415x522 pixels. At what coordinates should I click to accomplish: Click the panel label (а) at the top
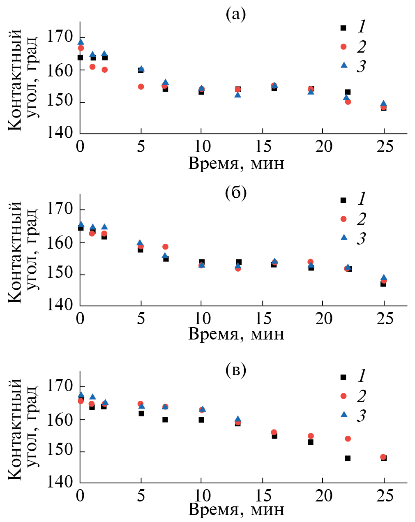pyautogui.click(x=235, y=15)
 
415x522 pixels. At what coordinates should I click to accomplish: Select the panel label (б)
pyautogui.click(x=236, y=192)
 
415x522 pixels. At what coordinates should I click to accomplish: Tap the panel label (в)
pyautogui.click(x=236, y=370)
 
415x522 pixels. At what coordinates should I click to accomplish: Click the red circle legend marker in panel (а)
pyautogui.click(x=344, y=46)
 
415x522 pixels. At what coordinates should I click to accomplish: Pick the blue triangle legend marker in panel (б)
pyautogui.click(x=344, y=237)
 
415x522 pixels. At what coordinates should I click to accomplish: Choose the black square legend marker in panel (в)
pyautogui.click(x=344, y=377)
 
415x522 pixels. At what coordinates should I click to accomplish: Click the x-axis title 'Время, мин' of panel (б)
pyautogui.click(x=236, y=334)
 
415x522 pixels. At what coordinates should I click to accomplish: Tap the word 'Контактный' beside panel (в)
pyautogui.click(x=15, y=429)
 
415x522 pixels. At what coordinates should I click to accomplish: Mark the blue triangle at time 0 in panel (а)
pyautogui.click(x=81, y=42)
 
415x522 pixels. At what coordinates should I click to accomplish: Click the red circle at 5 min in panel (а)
pyautogui.click(x=141, y=86)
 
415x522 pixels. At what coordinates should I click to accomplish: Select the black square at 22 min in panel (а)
pyautogui.click(x=348, y=92)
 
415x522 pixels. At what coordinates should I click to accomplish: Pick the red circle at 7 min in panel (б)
pyautogui.click(x=165, y=247)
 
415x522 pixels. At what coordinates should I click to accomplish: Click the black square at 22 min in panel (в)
pyautogui.click(x=348, y=458)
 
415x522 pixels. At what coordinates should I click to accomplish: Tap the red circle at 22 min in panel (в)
pyautogui.click(x=348, y=439)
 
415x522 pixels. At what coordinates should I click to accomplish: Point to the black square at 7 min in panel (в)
pyautogui.click(x=165, y=420)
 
